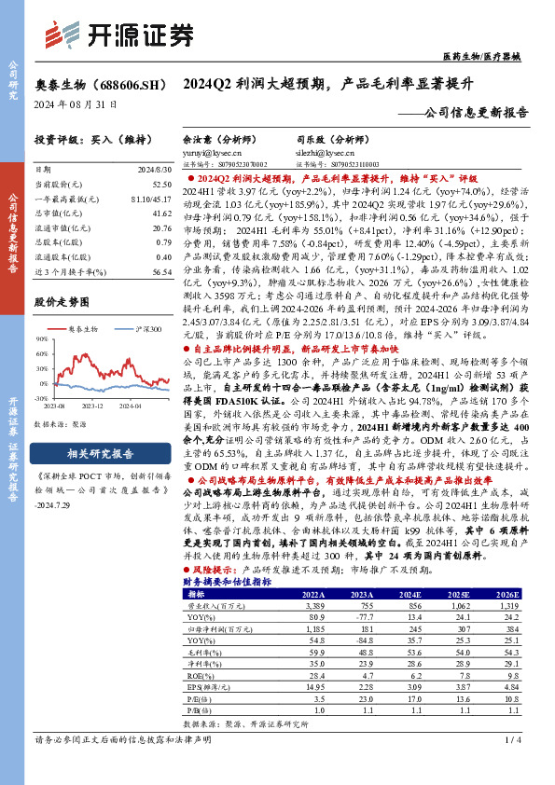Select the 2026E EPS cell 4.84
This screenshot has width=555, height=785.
[x=505, y=686]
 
